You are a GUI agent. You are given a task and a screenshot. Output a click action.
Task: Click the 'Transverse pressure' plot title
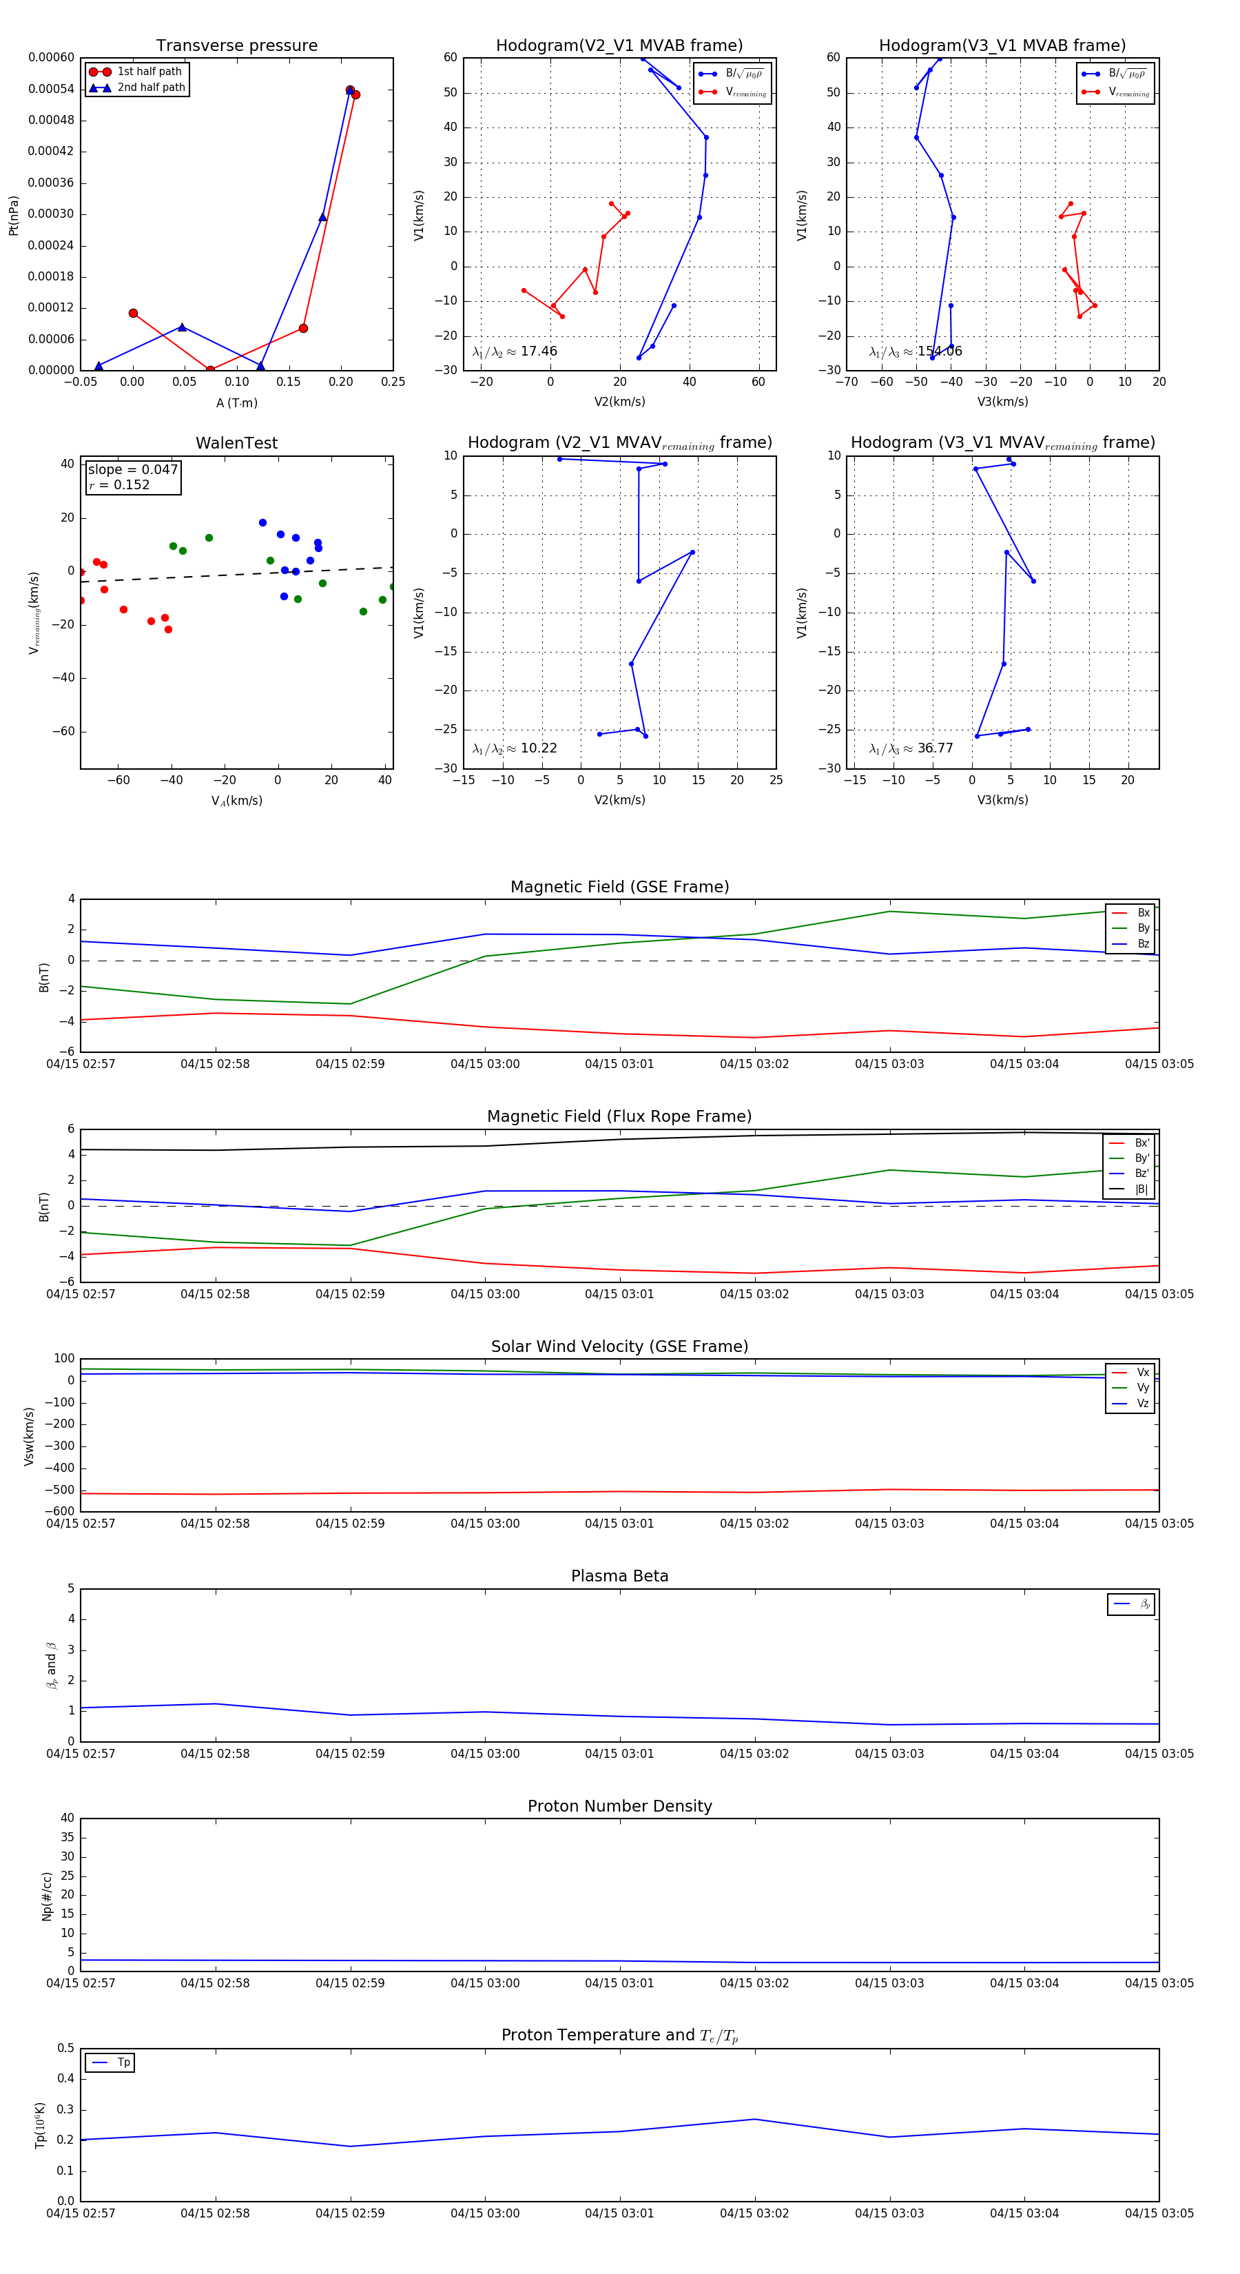[x=236, y=46]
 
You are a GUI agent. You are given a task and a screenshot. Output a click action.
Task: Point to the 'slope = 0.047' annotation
[x=132, y=470]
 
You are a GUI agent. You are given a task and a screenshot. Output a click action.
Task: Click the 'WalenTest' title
[x=236, y=443]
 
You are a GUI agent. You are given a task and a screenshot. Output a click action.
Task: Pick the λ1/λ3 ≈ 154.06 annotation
[x=916, y=351]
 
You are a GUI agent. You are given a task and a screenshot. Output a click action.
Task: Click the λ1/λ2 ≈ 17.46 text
[x=515, y=351]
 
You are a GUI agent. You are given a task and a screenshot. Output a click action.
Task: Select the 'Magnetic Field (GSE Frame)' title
[x=619, y=887]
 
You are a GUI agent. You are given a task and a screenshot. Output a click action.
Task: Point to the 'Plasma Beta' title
[x=619, y=1576]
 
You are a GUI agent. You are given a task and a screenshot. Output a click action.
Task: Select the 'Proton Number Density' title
[x=619, y=1806]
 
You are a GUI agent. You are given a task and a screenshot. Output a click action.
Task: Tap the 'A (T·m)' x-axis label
[x=236, y=402]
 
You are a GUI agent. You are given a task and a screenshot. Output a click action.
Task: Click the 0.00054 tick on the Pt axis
[x=51, y=89]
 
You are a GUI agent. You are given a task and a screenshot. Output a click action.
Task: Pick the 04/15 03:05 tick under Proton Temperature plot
[x=1159, y=2213]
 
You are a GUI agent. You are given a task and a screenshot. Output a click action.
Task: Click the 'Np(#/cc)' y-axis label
[x=47, y=1896]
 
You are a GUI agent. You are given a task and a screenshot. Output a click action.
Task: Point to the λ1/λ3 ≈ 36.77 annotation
[x=911, y=748]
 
